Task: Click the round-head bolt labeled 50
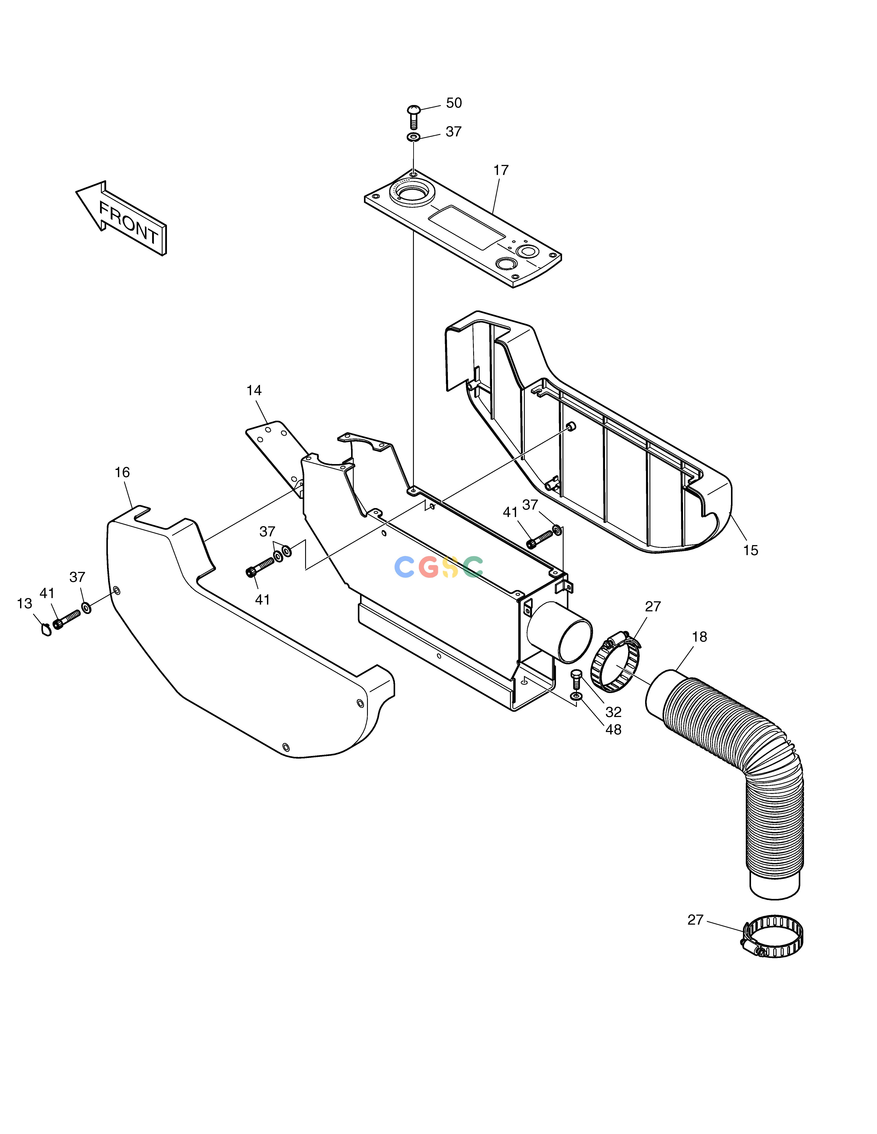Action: tap(414, 117)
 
